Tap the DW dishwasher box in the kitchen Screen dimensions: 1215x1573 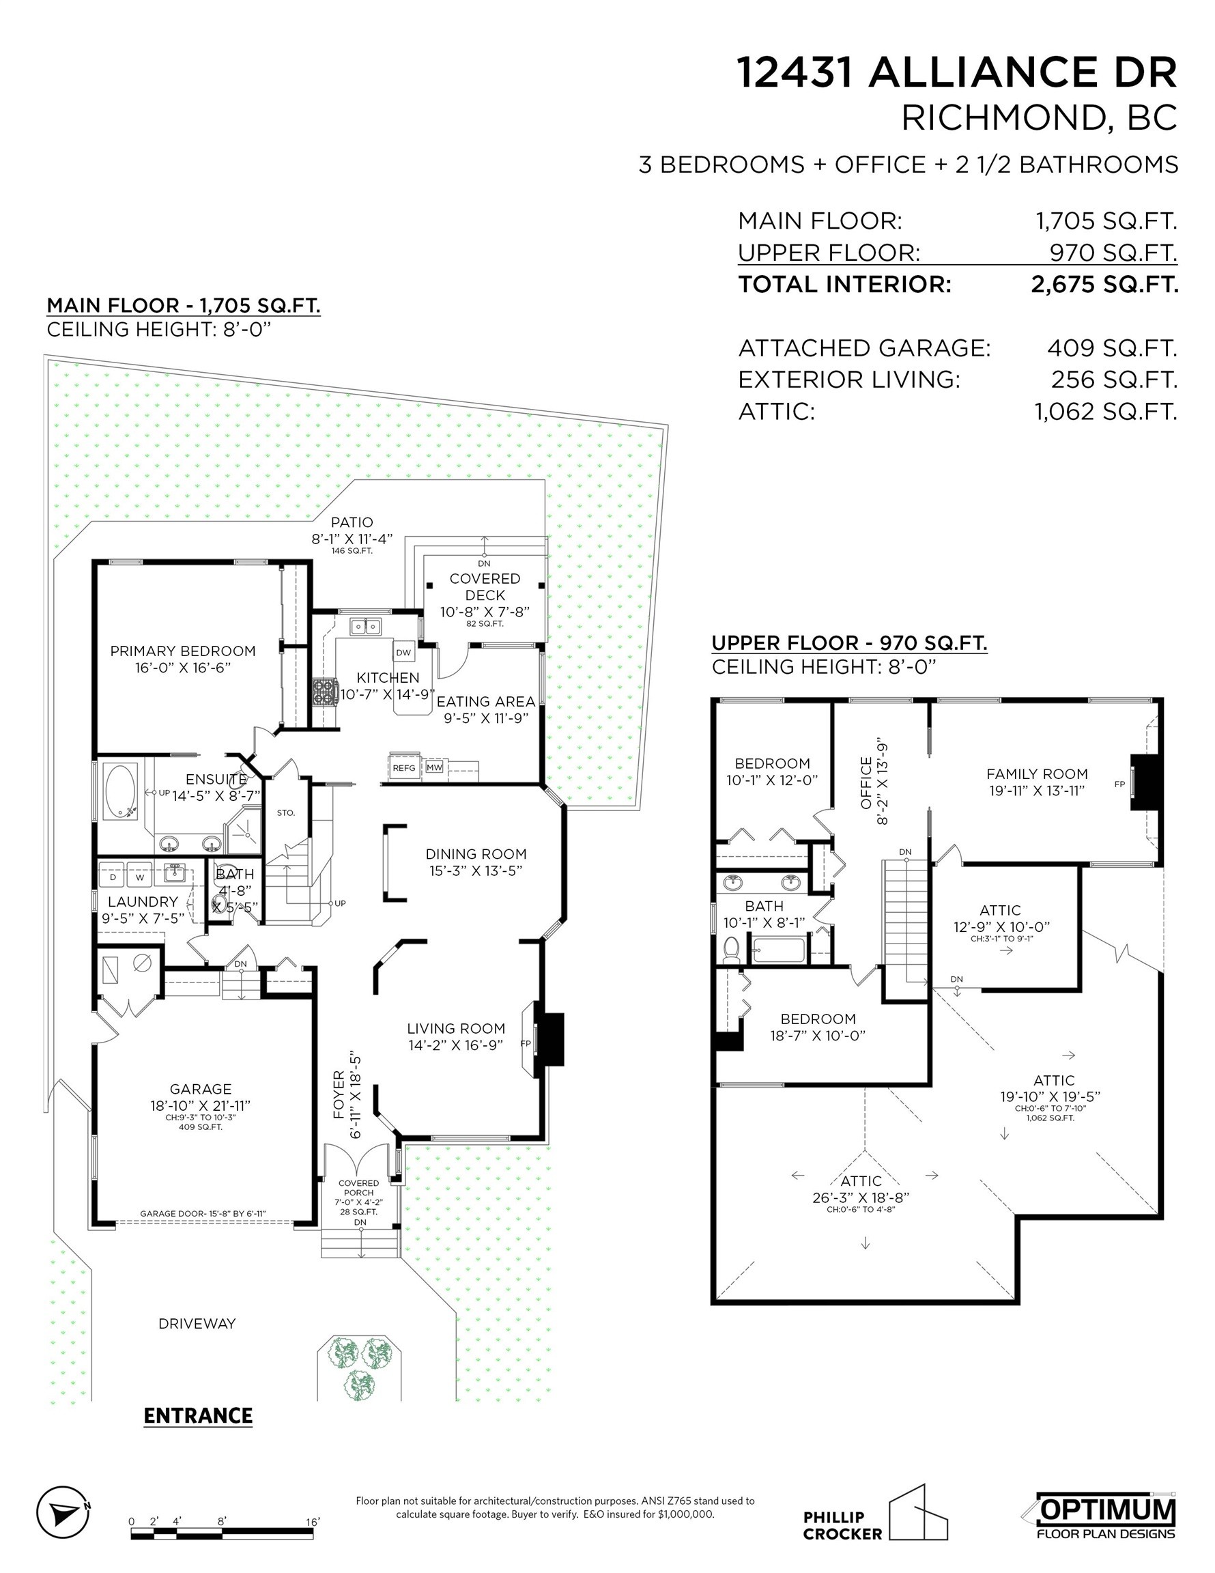click(403, 653)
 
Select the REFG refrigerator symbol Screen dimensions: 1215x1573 click(404, 768)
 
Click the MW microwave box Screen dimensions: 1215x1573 click(434, 768)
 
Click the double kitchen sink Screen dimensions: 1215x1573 click(366, 626)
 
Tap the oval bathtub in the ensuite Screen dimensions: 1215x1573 click(121, 791)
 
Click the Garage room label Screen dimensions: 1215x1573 click(201, 1089)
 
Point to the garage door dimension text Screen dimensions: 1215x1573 click(203, 1214)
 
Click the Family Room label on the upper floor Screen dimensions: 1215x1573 click(1037, 774)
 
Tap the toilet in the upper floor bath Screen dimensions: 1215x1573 click(731, 949)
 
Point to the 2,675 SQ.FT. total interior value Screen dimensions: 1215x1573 click(1104, 285)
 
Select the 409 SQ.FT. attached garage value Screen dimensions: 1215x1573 click(1112, 349)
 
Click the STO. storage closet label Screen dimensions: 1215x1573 click(286, 812)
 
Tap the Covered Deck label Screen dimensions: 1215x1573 click(485, 586)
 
